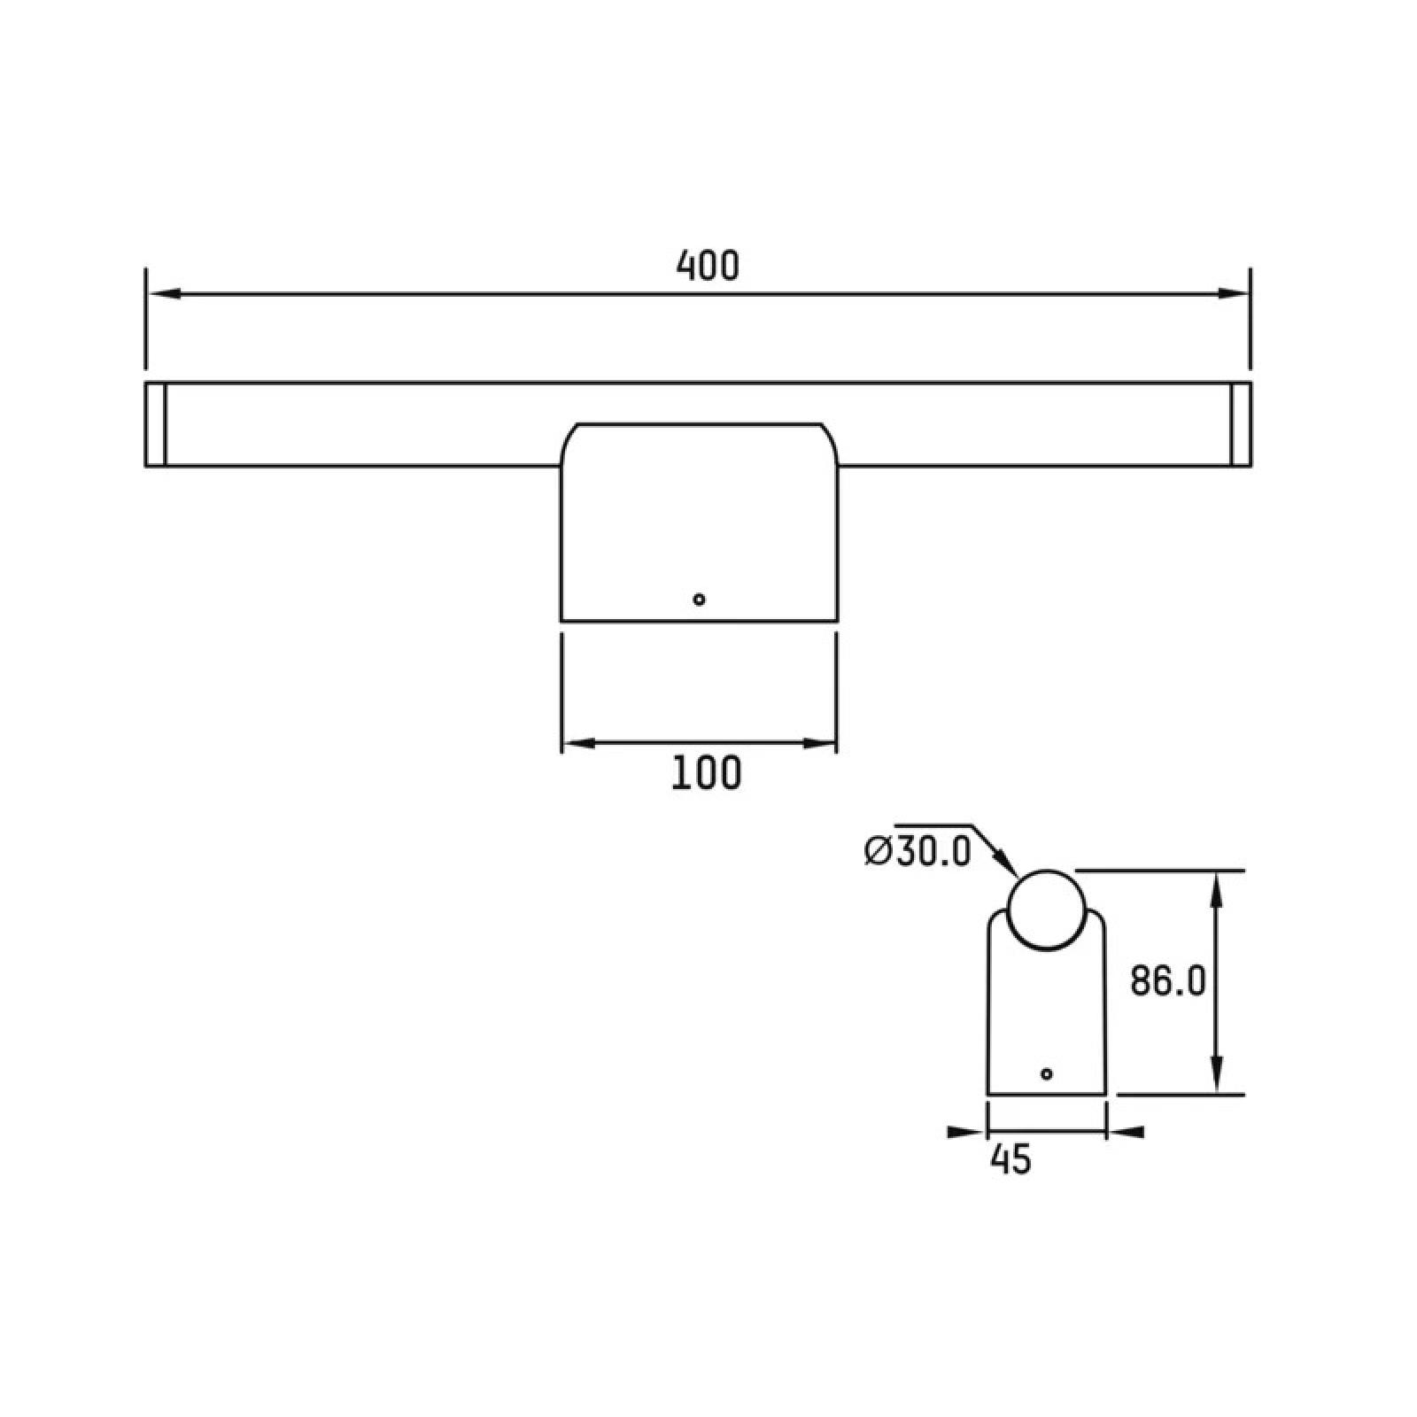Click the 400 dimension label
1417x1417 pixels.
pos(707,266)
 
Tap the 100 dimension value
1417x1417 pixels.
pos(707,773)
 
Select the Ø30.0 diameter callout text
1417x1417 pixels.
pos(918,851)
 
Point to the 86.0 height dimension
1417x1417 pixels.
pos(1168,981)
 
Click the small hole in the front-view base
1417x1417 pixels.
pos(699,600)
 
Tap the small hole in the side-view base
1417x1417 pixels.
pos(1047,1073)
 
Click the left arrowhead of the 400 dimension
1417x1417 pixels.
pos(163,293)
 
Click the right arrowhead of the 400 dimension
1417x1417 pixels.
pos(1233,293)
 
